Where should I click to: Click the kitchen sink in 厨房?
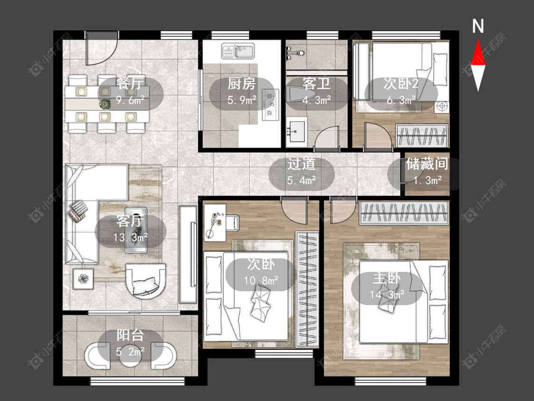coord(238,51)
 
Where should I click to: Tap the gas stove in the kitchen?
coord(270,105)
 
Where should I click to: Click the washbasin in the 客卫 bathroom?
coord(297,130)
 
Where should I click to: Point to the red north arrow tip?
coord(478,40)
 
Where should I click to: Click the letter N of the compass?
coord(478,26)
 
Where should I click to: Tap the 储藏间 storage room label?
coord(427,164)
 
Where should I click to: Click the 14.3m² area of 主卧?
coord(387,294)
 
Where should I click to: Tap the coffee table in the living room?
coord(136,229)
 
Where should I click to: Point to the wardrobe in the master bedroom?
coord(404,213)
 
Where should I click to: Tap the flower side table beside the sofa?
coord(83,279)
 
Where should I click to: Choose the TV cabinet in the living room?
coord(188,254)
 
